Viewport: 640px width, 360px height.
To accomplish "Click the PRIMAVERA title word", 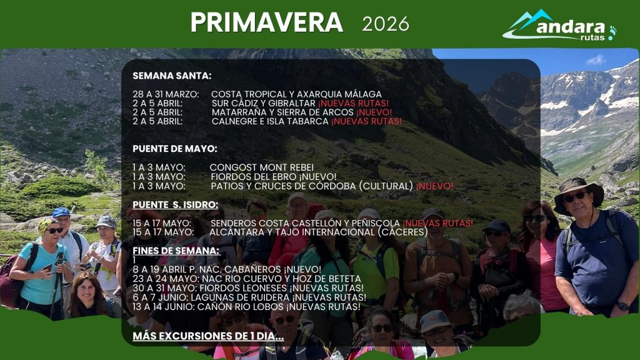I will coord(267,22).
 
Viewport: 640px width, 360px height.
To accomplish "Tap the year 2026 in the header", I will coord(386,24).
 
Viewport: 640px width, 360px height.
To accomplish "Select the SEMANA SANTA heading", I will coord(172,76).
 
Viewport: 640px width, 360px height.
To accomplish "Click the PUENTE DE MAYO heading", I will coord(175,149).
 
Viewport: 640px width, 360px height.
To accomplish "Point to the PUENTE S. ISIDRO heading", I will coord(175,204).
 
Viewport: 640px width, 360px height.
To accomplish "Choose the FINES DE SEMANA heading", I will coord(176,251).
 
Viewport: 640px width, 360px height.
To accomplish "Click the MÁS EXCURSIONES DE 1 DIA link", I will coord(208,336).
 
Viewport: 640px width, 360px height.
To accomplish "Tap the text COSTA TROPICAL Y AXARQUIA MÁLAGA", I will coord(296,94).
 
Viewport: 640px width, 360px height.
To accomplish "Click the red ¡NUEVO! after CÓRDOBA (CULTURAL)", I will coord(435,186).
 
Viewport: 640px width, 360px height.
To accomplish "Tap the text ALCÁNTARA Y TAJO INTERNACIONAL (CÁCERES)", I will coord(319,232).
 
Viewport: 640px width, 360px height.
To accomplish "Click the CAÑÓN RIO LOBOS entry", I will coord(246,307).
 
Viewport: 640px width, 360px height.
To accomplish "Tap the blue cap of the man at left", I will coord(61,212).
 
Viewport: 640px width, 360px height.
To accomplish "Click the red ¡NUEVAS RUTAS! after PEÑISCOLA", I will coord(437,223).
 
